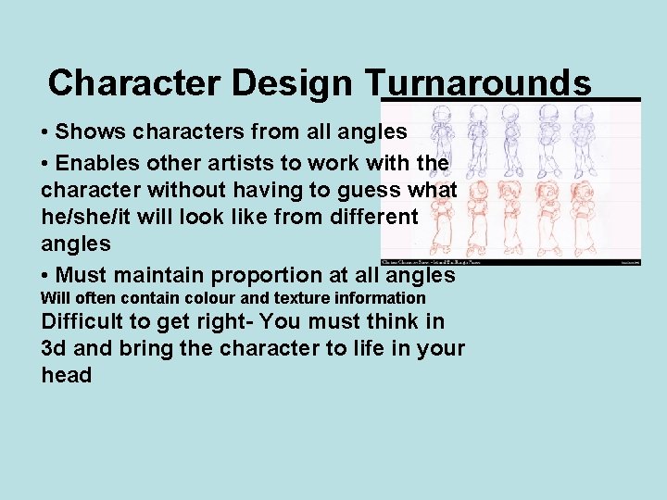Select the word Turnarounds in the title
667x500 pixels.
485,83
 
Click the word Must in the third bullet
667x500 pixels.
83,275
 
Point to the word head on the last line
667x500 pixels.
67,375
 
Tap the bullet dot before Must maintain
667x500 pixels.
45,276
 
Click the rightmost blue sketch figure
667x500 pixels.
613,139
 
